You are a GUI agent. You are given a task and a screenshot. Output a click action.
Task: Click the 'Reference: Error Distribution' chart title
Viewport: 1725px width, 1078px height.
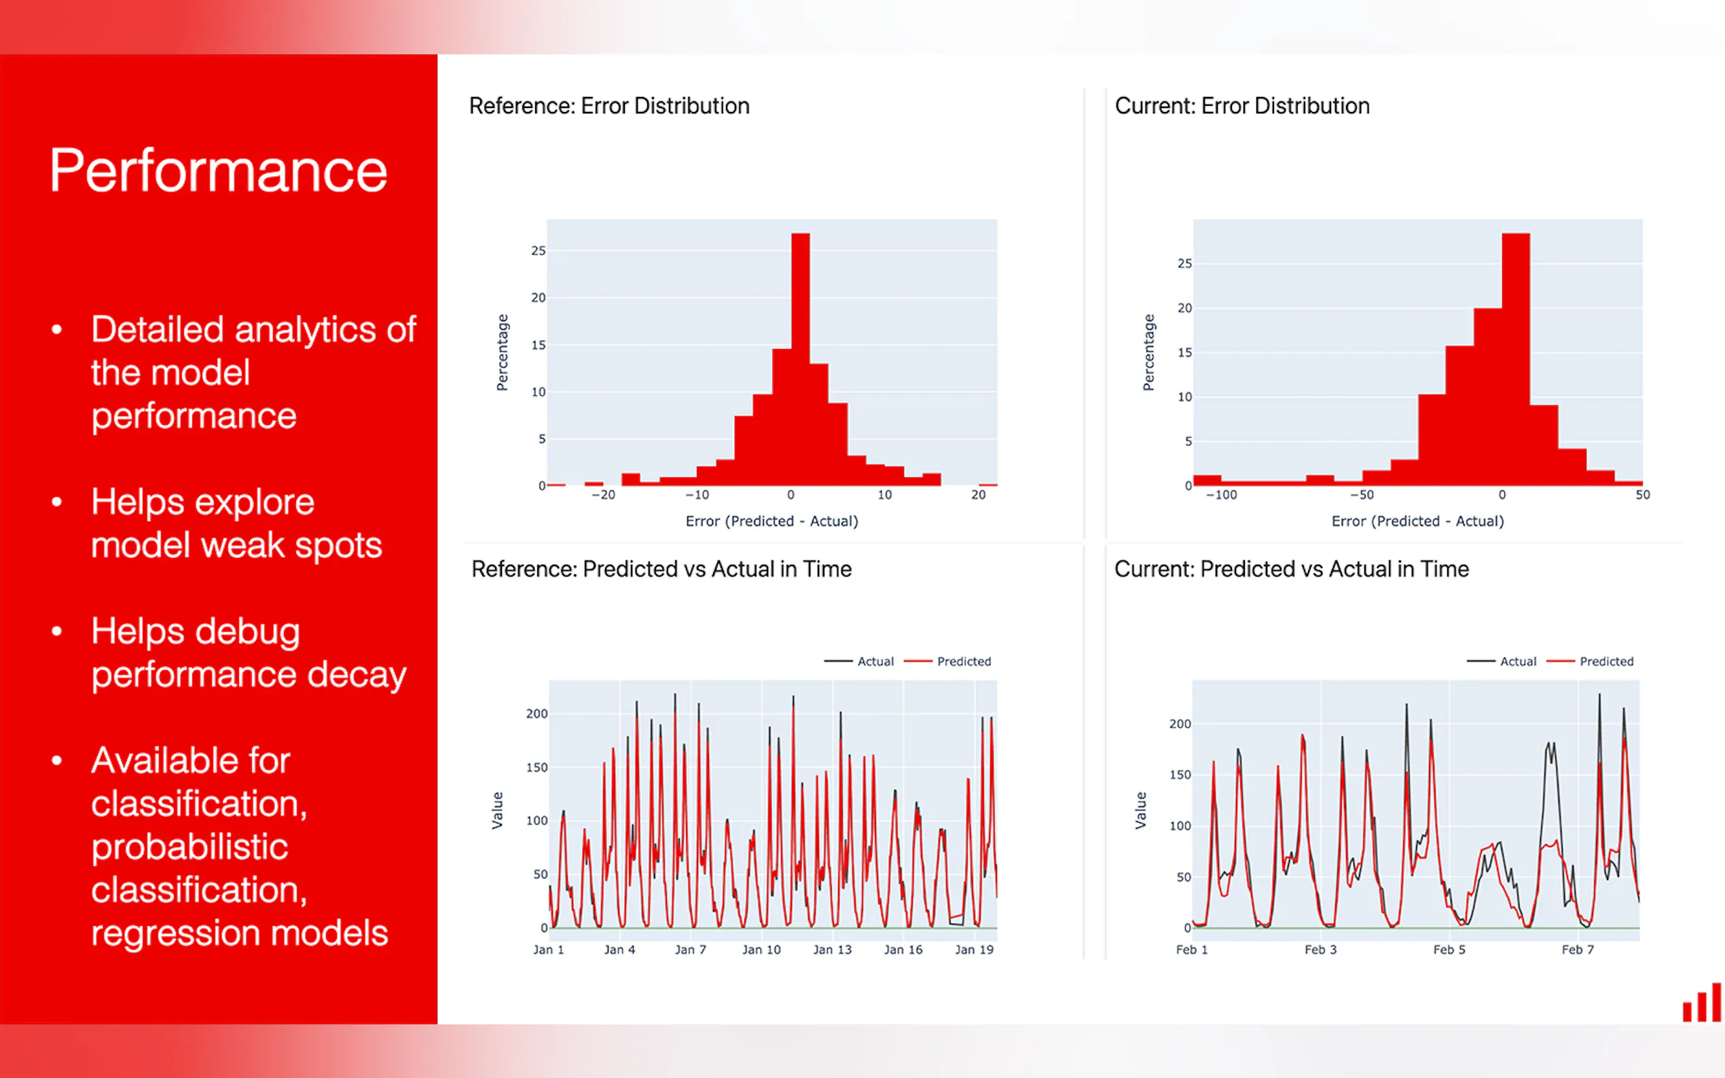pyautogui.click(x=609, y=106)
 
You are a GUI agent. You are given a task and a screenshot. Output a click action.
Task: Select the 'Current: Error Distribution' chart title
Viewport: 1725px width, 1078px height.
pyautogui.click(x=1241, y=106)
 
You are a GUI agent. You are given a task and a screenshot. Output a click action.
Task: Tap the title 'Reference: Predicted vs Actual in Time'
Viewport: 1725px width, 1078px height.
pyautogui.click(x=661, y=569)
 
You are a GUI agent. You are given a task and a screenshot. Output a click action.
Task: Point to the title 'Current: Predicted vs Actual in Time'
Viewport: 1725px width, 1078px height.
pyautogui.click(x=1292, y=569)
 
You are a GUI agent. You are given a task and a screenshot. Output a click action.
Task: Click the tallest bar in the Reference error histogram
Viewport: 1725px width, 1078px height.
pyautogui.click(x=800, y=356)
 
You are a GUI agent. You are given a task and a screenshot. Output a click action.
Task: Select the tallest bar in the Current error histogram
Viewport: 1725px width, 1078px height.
pyautogui.click(x=1515, y=356)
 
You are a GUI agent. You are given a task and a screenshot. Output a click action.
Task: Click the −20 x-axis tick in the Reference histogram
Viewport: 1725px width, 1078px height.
pyautogui.click(x=603, y=495)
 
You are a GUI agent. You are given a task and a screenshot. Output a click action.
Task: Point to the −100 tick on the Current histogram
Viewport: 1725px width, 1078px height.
pyautogui.click(x=1222, y=495)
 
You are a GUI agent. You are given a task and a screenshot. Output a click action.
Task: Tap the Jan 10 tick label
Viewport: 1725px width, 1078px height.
pyautogui.click(x=761, y=950)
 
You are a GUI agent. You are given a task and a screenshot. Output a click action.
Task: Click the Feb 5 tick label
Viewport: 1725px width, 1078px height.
pyautogui.click(x=1449, y=950)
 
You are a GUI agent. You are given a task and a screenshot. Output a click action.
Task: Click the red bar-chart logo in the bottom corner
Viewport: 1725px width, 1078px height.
pyautogui.click(x=1701, y=1003)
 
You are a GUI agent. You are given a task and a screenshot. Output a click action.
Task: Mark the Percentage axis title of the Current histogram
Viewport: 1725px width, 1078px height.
pyautogui.click(x=1148, y=352)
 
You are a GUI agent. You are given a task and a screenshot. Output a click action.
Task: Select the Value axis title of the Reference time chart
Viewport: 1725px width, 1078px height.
pyautogui.click(x=497, y=810)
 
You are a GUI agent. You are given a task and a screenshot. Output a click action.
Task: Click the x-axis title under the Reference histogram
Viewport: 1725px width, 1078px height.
pyautogui.click(x=771, y=521)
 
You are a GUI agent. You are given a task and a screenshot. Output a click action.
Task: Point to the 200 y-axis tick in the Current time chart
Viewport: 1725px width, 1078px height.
pyautogui.click(x=1180, y=724)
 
